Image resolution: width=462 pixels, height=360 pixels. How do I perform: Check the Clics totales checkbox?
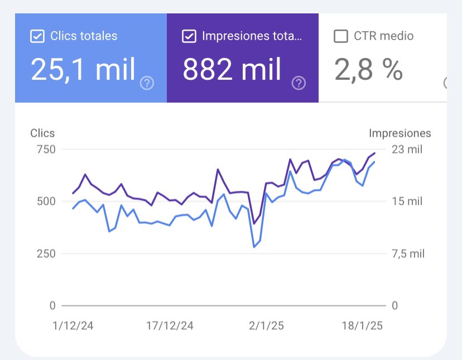(x=37, y=37)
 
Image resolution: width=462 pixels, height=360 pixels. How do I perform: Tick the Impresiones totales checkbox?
(x=189, y=37)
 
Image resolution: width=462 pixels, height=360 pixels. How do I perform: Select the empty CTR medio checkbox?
(x=340, y=37)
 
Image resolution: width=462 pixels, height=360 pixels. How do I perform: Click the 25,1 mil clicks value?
(x=83, y=70)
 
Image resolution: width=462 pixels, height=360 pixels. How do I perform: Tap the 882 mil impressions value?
(x=232, y=70)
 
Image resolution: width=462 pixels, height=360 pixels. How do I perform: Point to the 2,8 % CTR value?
(x=368, y=70)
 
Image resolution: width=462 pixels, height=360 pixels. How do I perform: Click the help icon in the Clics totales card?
(x=147, y=84)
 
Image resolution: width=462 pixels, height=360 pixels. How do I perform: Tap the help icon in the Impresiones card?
(x=299, y=84)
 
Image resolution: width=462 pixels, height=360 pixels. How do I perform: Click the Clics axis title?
(x=42, y=133)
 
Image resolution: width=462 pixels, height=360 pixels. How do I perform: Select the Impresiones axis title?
(x=400, y=133)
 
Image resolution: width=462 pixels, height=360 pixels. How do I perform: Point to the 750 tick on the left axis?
(x=46, y=150)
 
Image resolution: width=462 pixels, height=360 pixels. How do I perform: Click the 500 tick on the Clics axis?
(x=46, y=201)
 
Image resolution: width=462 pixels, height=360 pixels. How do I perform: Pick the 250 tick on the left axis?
(x=46, y=254)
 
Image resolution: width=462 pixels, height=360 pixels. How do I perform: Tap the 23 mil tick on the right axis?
(x=407, y=150)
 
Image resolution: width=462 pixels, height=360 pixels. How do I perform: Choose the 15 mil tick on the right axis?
(x=407, y=201)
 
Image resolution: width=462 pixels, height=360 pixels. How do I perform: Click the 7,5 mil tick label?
(x=408, y=254)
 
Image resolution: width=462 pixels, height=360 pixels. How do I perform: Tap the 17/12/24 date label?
(x=170, y=326)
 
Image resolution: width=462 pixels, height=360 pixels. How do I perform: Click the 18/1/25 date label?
(x=361, y=326)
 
